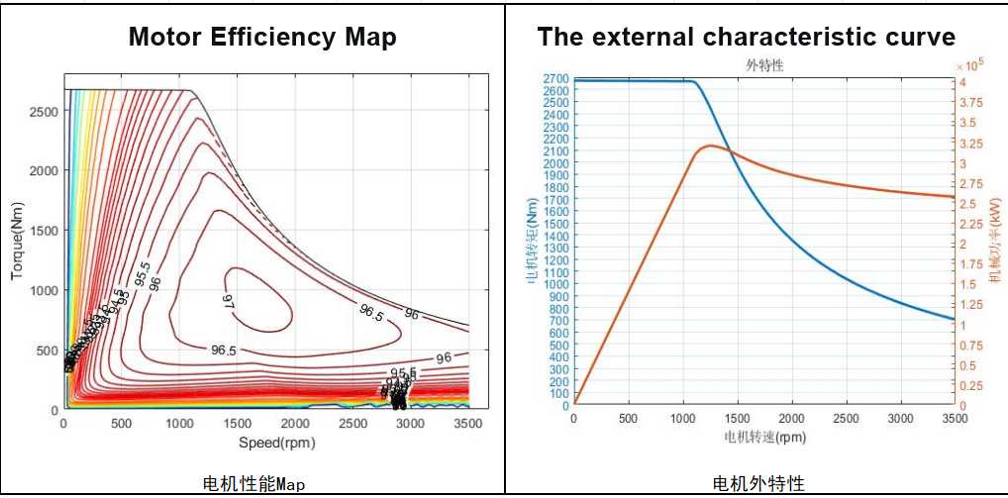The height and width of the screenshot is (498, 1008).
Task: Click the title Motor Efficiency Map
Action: point(262,37)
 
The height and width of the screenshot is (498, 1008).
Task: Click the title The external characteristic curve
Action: point(746,37)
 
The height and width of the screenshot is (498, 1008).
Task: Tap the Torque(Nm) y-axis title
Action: point(17,242)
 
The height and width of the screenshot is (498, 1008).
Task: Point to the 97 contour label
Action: point(227,300)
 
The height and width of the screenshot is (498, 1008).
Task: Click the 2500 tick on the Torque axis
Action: point(44,111)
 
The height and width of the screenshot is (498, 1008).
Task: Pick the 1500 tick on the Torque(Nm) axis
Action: point(44,230)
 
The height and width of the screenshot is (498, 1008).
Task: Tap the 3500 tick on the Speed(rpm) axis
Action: point(466,424)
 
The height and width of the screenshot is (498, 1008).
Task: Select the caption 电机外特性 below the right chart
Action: point(758,483)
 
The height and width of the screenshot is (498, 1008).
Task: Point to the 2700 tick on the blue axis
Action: point(555,78)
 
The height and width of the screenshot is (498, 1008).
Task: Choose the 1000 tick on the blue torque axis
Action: point(555,284)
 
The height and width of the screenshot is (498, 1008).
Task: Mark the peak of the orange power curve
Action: point(709,146)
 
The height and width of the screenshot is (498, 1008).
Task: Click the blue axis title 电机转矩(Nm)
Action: point(533,241)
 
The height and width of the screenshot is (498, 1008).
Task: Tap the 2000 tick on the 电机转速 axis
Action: point(791,419)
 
